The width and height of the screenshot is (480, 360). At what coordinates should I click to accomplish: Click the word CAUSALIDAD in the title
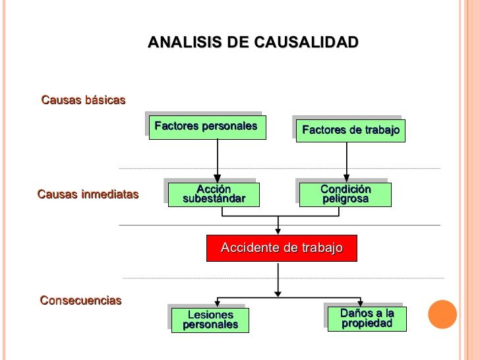[x=306, y=42]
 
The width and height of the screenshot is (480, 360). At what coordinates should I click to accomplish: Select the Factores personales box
[x=208, y=127]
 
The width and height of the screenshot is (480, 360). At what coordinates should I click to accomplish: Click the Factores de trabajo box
[x=351, y=131]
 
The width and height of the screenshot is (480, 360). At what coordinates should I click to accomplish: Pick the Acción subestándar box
[x=214, y=195]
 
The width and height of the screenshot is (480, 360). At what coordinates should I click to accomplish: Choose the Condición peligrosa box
[x=345, y=195]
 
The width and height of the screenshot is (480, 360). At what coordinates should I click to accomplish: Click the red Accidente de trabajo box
[x=282, y=249]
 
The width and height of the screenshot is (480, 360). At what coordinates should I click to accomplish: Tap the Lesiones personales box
[x=210, y=320]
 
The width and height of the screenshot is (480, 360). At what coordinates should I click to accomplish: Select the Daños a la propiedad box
[x=367, y=319]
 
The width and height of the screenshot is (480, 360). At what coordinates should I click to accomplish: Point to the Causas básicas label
[x=83, y=100]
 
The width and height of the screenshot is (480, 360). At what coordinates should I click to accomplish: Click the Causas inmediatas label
[x=88, y=195]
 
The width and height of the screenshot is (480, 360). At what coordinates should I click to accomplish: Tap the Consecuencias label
[x=81, y=300]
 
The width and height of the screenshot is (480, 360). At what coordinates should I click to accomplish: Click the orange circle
[x=442, y=315]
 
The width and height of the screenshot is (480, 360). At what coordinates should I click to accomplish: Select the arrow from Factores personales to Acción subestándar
[x=218, y=161]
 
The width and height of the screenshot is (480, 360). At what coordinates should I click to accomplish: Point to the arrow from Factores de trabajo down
[x=347, y=162]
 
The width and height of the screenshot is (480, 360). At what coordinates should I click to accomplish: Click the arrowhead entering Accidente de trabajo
[x=278, y=231]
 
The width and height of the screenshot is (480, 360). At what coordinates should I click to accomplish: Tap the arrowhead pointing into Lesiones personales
[x=218, y=303]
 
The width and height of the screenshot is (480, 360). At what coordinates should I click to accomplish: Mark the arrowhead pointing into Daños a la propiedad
[x=360, y=303]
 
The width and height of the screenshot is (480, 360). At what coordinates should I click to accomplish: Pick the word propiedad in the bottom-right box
[x=367, y=324]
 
